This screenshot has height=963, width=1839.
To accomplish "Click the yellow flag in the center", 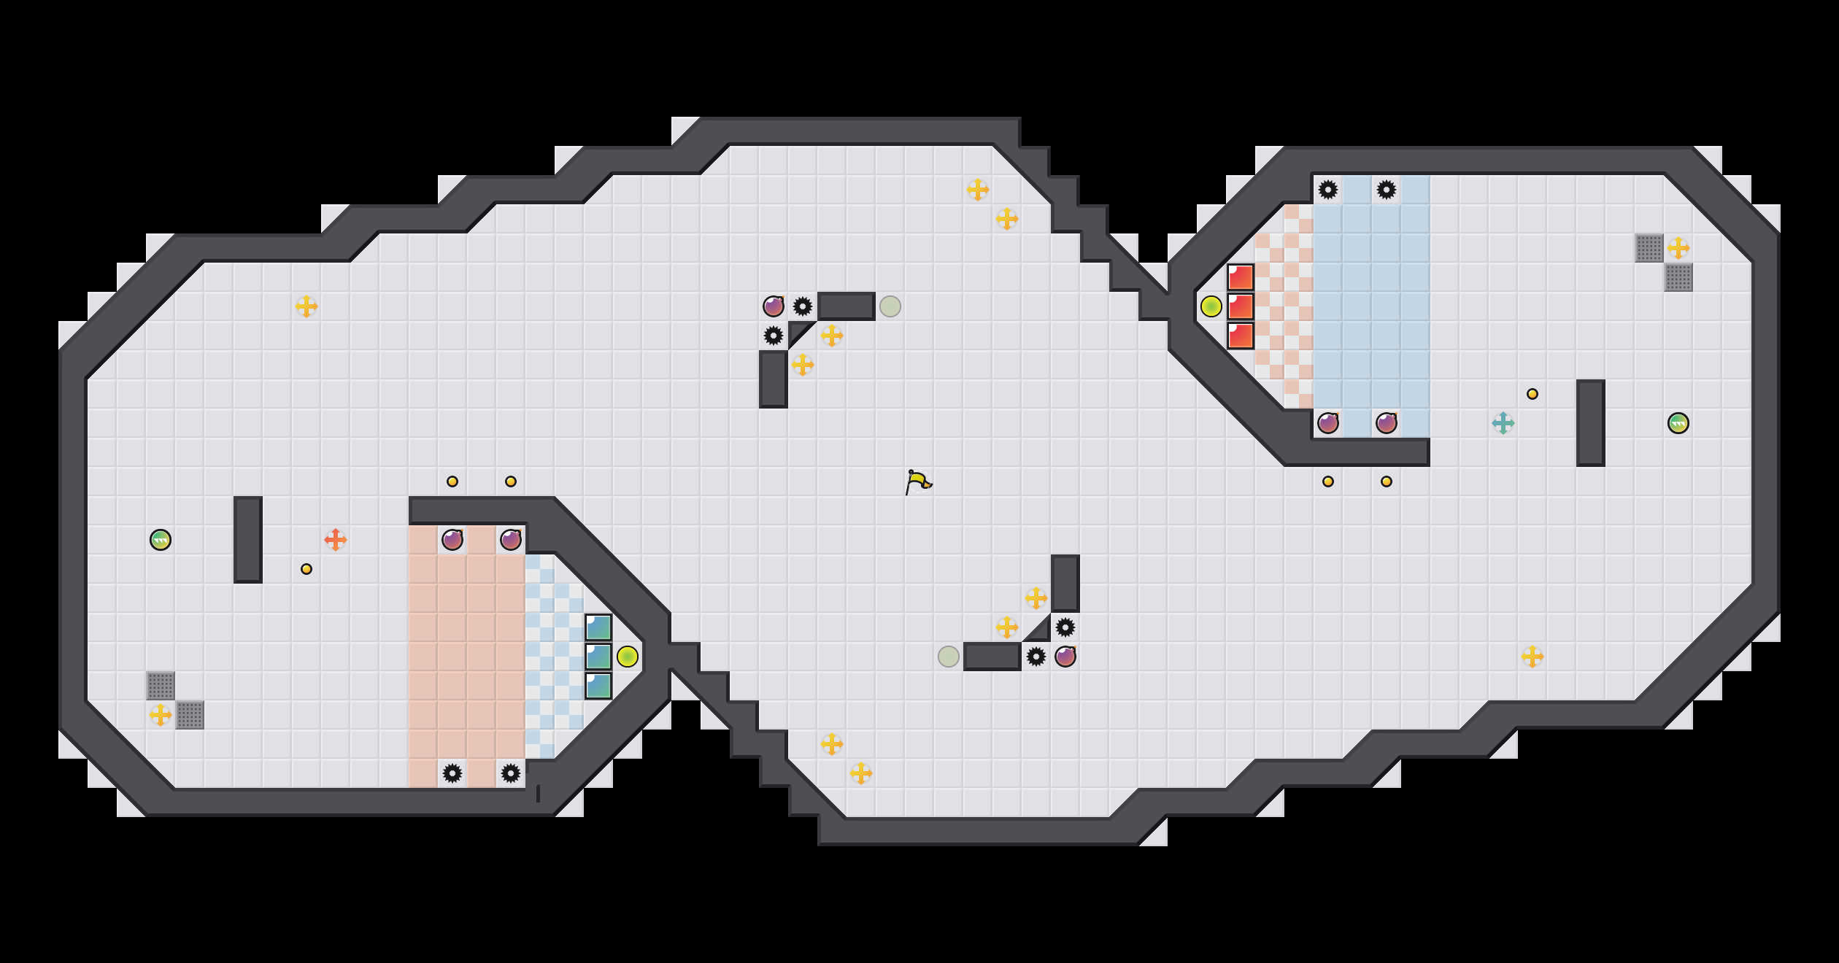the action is point(918,481).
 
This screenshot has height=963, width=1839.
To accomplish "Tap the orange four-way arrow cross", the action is point(336,540).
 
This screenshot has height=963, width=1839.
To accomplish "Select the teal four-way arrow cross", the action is point(1503,423).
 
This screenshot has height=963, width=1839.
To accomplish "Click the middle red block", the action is point(1241,306).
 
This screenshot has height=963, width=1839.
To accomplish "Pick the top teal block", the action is point(598,627).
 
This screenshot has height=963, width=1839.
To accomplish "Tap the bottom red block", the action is point(1241,336).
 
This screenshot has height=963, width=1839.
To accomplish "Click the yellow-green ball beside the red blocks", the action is point(1211,306).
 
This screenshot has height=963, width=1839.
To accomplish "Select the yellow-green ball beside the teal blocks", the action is point(628,657).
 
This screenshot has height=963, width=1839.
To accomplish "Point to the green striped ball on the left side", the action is point(161,540).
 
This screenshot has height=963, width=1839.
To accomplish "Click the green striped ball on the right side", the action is point(1678,423).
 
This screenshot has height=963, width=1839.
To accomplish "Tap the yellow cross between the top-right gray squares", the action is point(1678,248).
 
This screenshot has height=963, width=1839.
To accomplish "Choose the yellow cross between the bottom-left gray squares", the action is point(161,715).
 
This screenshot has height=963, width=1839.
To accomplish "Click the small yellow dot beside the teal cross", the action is point(1532,394).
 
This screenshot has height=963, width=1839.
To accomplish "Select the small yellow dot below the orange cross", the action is point(306,569).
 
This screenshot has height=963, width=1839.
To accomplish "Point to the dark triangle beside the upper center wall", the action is point(798,331).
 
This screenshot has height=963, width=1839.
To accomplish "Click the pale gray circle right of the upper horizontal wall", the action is point(890,306).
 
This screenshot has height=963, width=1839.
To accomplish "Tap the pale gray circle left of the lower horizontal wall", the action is point(949,657).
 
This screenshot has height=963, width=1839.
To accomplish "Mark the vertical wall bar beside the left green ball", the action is point(248,540).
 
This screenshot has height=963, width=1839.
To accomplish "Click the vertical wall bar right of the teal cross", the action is point(1591,423).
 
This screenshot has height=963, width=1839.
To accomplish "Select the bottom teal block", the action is point(598,686).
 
